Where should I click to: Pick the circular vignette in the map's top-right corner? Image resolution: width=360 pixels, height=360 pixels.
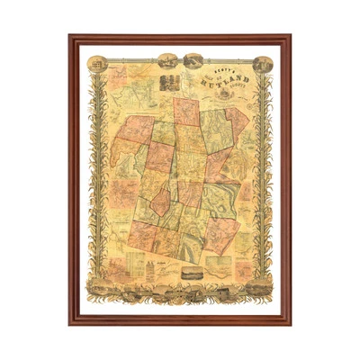tap(261, 64)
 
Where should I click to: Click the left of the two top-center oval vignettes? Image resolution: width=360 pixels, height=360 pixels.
tap(166, 60)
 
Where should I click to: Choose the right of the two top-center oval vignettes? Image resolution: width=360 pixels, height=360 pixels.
tap(193, 60)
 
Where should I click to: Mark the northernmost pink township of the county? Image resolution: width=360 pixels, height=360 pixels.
tap(186, 112)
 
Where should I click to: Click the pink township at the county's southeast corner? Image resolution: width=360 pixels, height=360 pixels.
tap(226, 237)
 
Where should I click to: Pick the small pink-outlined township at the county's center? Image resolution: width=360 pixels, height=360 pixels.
tap(160, 200)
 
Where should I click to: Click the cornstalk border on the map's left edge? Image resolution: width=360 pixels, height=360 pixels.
tap(92, 180)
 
